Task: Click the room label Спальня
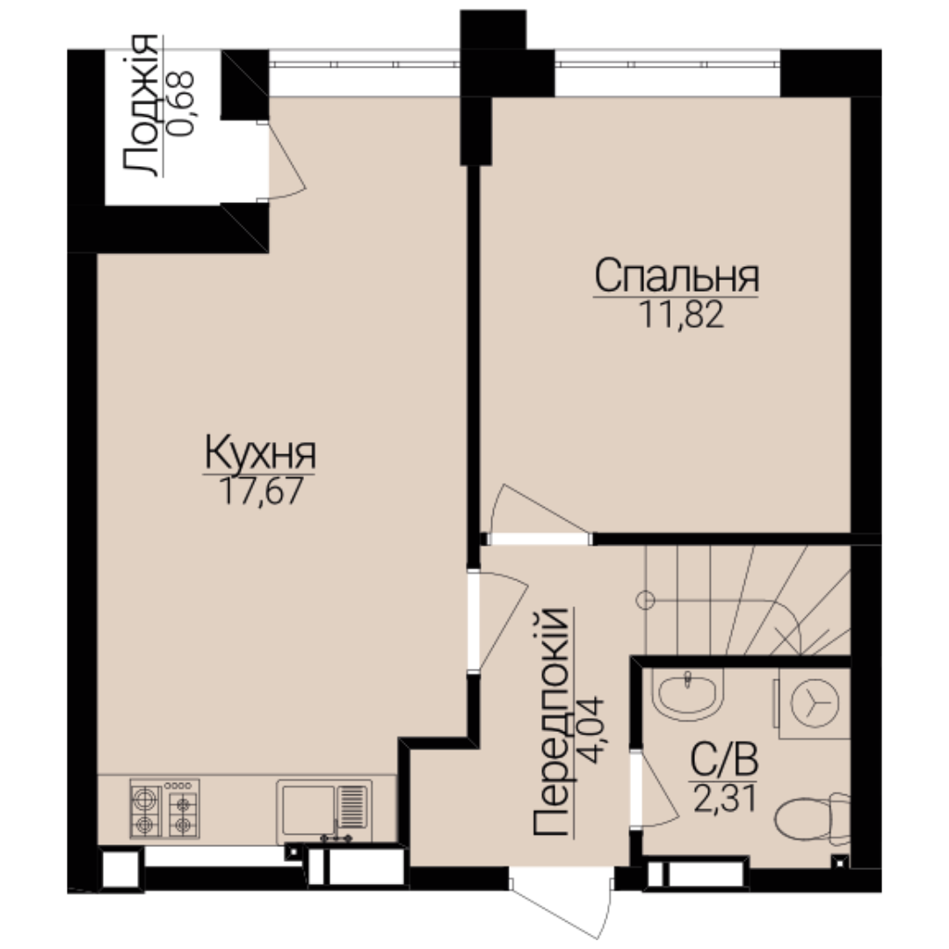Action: (x=676, y=276)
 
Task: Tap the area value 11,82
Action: (x=681, y=315)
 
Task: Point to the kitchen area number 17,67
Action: (x=260, y=490)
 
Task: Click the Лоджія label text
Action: (x=141, y=105)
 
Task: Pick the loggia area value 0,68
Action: (x=181, y=104)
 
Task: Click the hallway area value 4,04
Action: (x=590, y=729)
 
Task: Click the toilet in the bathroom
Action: (x=813, y=818)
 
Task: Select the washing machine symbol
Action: (x=814, y=703)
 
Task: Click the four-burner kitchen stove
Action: (x=164, y=808)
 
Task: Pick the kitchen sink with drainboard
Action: (x=323, y=812)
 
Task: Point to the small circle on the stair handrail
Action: (x=646, y=600)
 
